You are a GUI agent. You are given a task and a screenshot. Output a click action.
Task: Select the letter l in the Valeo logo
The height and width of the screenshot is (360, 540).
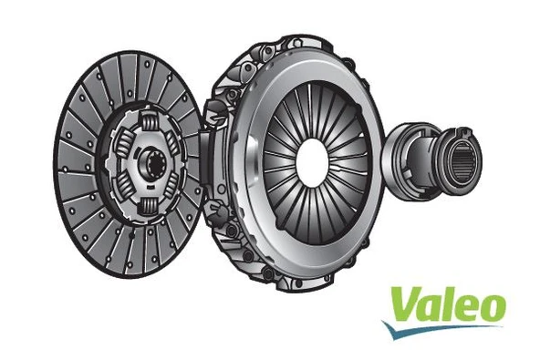(x=448, y=300)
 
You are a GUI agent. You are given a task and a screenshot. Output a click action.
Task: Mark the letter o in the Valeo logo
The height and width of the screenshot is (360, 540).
(x=490, y=307)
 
